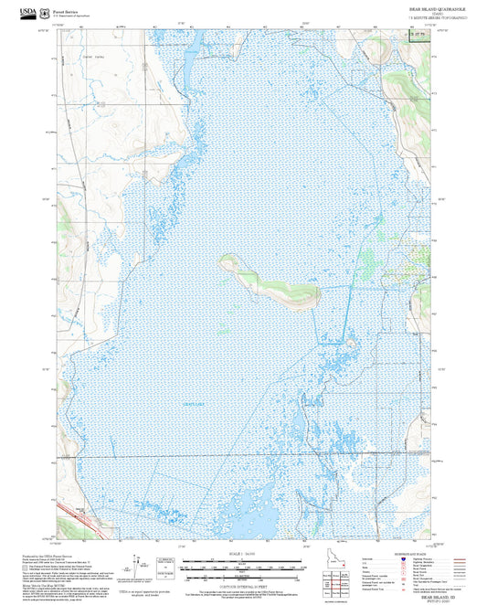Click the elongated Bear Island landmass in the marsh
(270, 282)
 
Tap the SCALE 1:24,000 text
(242, 554)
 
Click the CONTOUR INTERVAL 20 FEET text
(242, 584)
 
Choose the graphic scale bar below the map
(242, 567)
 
